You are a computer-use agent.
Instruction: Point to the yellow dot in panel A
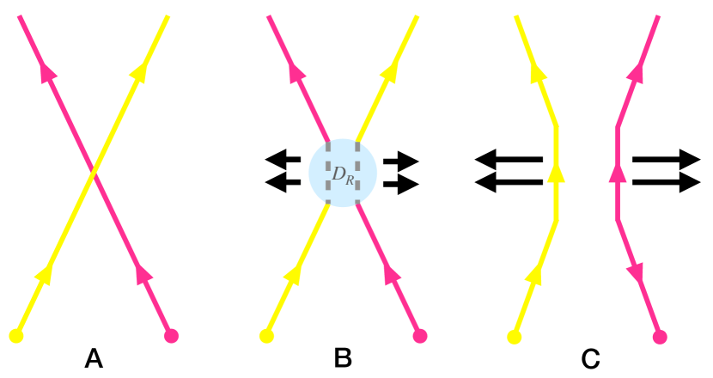tap(15, 335)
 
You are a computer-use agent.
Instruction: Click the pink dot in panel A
tap(170, 335)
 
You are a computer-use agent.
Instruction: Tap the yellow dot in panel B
tap(265, 335)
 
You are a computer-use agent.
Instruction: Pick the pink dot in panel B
tap(420, 335)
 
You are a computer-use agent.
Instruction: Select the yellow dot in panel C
tap(515, 336)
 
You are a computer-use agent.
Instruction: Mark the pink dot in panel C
tap(660, 337)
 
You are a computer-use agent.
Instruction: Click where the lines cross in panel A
tap(93, 174)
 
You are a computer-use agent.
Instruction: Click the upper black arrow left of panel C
tap(509, 159)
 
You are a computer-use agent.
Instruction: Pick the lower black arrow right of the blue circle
tap(401, 183)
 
